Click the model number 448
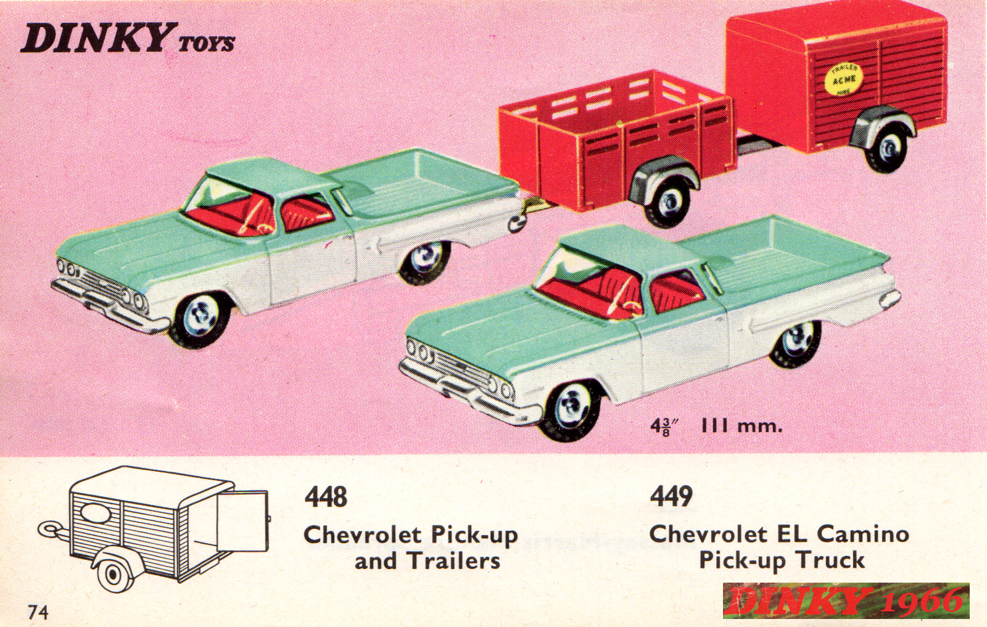[326, 497]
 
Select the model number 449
[671, 497]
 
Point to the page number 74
[38, 612]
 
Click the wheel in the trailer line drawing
[114, 574]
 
